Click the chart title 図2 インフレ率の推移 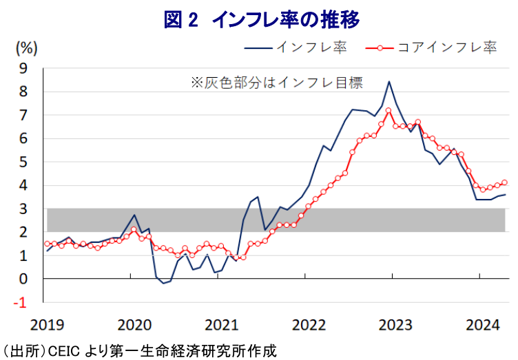click(x=262, y=20)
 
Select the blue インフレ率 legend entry click(x=296, y=47)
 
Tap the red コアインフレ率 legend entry click(x=431, y=47)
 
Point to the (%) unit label click(x=26, y=48)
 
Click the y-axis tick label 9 click(x=23, y=68)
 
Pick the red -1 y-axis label click(x=20, y=302)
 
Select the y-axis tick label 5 click(x=23, y=162)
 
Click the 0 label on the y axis click(x=23, y=279)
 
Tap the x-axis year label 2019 click(x=47, y=325)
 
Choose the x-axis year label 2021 click(x=221, y=325)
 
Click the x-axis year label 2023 click(x=395, y=325)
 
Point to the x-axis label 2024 click(x=482, y=325)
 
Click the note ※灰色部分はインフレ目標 click(x=277, y=83)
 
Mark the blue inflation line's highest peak click(x=388, y=81)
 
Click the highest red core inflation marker click(x=388, y=110)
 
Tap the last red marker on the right click(x=504, y=182)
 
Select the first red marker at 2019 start click(x=47, y=244)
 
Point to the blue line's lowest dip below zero click(x=163, y=283)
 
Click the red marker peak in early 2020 click(x=134, y=229)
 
